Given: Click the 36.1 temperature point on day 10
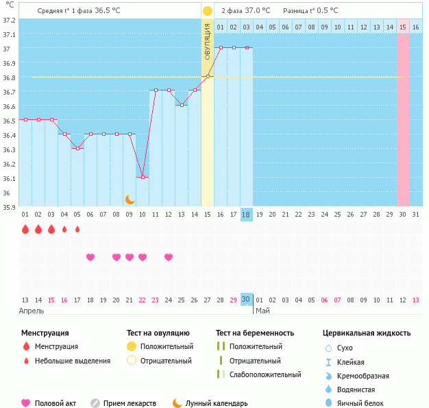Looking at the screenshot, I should (143, 177).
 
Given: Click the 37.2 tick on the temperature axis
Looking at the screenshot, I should (10, 20).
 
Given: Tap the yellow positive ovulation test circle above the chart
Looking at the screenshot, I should (207, 11).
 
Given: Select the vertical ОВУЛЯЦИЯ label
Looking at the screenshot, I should (207, 41).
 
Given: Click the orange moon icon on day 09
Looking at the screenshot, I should (130, 200).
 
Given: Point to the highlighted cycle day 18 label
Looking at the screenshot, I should (247, 215).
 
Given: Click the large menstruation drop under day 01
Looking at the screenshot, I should (25, 229).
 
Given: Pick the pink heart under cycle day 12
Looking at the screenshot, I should (169, 257).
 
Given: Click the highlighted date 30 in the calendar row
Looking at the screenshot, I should (247, 300).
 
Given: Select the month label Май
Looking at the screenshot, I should (262, 311).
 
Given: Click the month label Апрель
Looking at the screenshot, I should (32, 311).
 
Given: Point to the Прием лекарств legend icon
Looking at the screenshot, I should (95, 403).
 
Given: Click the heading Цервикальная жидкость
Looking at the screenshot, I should (367, 333).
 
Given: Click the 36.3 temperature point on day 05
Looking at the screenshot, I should (77, 148).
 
